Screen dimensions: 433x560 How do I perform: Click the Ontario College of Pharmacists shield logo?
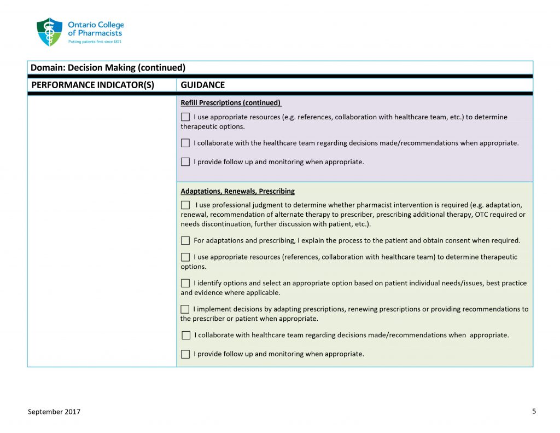click(50, 32)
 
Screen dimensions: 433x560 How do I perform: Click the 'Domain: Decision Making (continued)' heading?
click(108, 68)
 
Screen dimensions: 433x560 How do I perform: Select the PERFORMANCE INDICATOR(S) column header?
click(93, 85)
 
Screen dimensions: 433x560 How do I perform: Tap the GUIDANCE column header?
click(202, 85)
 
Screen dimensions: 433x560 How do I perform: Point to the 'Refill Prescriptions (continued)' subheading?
click(230, 103)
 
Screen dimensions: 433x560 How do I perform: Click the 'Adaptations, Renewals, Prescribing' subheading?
click(237, 191)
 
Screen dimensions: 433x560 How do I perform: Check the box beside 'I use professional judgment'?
click(185, 205)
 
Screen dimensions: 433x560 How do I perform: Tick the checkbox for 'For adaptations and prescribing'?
click(185, 240)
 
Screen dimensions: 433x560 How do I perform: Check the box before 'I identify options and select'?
click(185, 283)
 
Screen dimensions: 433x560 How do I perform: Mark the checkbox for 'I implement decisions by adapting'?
click(185, 309)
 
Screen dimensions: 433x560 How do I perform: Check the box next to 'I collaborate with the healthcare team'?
click(185, 143)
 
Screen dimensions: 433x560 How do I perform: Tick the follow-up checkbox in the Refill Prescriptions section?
click(185, 162)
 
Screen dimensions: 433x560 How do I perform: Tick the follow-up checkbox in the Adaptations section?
click(185, 354)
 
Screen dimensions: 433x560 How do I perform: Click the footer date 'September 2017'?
click(54, 412)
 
